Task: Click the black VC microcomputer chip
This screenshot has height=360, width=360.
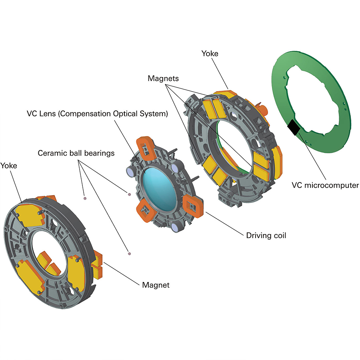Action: point(294,128)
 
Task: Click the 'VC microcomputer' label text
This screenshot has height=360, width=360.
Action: point(325,185)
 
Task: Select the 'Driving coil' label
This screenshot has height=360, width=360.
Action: point(266,236)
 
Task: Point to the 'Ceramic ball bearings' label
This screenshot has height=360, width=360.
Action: point(76,153)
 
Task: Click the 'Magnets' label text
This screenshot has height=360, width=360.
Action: point(163,78)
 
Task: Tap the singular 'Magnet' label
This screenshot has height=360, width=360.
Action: point(156,285)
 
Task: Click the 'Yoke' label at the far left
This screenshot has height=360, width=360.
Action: point(8,166)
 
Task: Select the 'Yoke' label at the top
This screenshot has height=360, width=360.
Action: point(210,54)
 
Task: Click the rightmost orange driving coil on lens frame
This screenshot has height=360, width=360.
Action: point(193,206)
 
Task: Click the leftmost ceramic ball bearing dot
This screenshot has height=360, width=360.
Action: point(85,198)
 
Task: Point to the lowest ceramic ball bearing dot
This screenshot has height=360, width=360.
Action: point(129,254)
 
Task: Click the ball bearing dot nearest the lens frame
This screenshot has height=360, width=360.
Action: point(129,194)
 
